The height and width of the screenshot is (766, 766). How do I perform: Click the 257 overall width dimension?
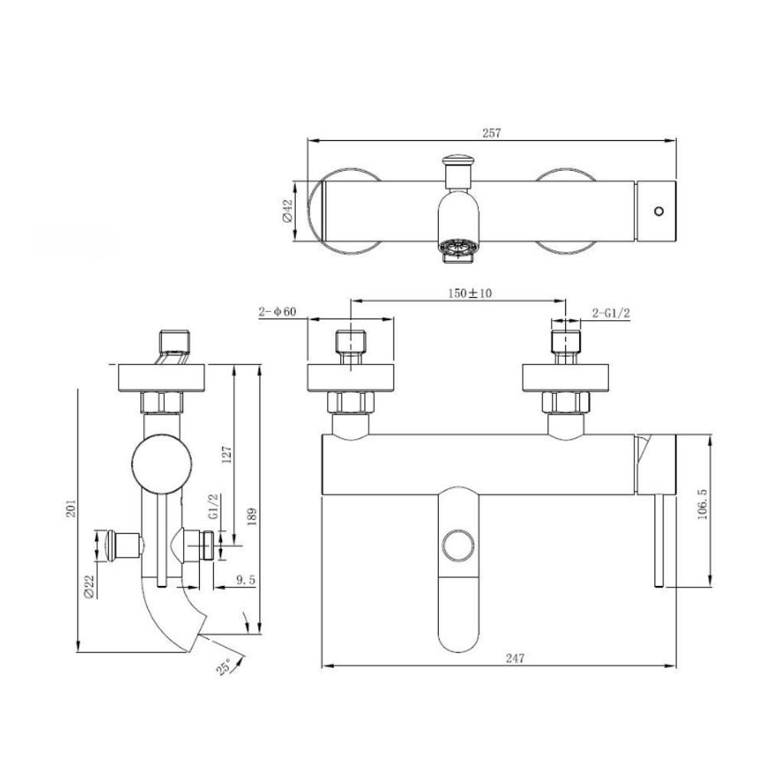pyautogui.click(x=492, y=133)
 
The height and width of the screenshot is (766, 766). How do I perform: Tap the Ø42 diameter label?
pyautogui.click(x=287, y=211)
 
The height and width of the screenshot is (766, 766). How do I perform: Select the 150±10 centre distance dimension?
pyautogui.click(x=470, y=293)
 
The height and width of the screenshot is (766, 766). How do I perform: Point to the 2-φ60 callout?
pyautogui.click(x=277, y=312)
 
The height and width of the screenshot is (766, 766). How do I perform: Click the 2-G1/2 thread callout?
pyautogui.click(x=611, y=313)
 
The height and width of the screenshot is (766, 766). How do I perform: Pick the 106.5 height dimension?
pyautogui.click(x=702, y=504)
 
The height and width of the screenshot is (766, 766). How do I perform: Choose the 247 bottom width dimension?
pyautogui.click(x=515, y=659)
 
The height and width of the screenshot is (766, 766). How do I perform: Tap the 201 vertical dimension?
pyautogui.click(x=72, y=508)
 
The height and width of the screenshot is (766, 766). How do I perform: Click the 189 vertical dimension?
pyautogui.click(x=251, y=516)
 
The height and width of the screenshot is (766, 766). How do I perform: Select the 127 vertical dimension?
pyautogui.click(x=226, y=453)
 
